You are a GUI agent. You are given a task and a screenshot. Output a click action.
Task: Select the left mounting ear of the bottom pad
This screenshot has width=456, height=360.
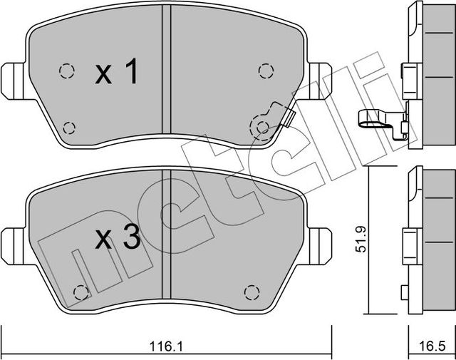(12, 240)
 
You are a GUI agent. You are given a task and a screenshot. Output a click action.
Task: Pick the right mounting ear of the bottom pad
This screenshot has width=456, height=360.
(321, 240)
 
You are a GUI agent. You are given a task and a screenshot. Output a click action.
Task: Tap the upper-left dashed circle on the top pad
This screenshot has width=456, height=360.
(66, 71)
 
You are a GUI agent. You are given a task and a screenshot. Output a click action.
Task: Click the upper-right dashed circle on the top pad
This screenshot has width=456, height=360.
(266, 70)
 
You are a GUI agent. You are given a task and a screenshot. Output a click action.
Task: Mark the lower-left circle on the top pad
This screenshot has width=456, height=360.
(69, 128)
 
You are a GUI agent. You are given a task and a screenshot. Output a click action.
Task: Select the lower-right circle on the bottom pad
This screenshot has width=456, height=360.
(250, 292)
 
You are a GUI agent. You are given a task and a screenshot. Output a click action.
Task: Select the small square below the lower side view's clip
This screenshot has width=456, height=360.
(405, 292)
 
